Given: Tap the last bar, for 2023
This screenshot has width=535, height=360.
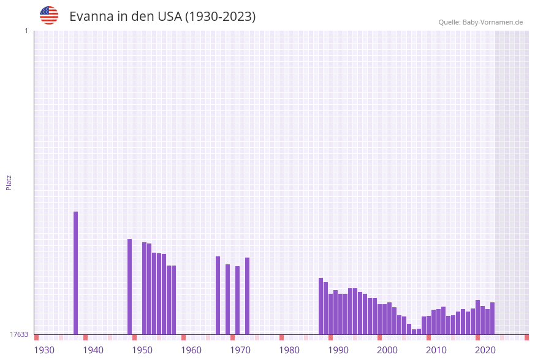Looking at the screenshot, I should tap(492, 318).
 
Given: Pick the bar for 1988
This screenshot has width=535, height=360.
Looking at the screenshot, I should tap(321, 306).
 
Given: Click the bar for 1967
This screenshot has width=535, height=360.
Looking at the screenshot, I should tap(218, 295).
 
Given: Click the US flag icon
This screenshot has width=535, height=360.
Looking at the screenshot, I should tap(49, 15).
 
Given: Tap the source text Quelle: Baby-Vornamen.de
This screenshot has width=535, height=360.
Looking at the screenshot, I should tap(480, 22).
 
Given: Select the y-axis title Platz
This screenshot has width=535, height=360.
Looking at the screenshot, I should tap(9, 182).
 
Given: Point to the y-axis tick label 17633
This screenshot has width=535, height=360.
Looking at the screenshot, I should tap(19, 334).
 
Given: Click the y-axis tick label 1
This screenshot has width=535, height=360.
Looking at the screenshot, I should tap(26, 31).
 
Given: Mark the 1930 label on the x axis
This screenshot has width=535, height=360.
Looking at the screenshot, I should tap(44, 350).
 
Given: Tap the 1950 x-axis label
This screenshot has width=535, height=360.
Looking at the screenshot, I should tap(142, 350).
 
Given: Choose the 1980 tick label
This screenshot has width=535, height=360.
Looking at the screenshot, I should tap(289, 350).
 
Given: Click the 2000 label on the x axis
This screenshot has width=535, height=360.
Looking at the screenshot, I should tap(387, 350).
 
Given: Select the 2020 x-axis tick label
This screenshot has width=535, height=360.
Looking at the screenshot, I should tap(485, 350).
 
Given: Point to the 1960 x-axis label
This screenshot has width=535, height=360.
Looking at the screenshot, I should tap(191, 350).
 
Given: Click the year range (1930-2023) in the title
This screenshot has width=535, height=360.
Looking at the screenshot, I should tap(220, 17).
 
